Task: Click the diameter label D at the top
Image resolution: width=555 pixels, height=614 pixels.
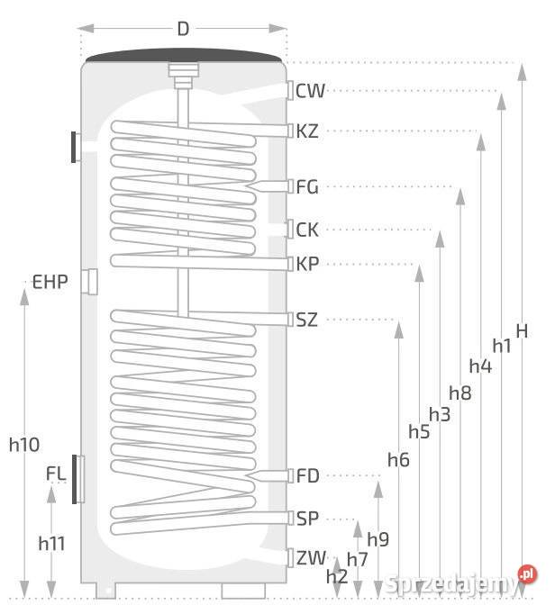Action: pos(183,29)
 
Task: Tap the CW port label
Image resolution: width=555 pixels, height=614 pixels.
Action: pos(310,91)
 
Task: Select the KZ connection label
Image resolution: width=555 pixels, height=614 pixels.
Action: pos(307,131)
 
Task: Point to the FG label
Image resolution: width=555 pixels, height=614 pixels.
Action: pos(307,187)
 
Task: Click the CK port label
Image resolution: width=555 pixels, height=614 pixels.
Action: pos(307,230)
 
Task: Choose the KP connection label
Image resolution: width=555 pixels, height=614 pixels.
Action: pos(307,264)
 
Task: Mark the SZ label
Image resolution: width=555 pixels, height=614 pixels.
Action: pos(307,320)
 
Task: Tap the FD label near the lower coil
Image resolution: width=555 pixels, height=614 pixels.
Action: pos(308,475)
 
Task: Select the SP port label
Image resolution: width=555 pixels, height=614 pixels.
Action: pos(307,519)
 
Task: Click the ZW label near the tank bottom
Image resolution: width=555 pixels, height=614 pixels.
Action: pos(311,558)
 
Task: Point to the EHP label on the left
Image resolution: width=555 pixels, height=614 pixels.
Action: pos(50,283)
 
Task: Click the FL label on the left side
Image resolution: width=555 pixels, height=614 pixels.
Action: pos(55,472)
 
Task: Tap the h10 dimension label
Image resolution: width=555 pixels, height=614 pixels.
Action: pos(23,444)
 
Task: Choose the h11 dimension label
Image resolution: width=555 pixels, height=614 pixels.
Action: pos(52,543)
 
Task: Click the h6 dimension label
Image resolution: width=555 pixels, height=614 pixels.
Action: pos(398,460)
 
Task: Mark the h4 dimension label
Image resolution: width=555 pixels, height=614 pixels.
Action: pos(480,366)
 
